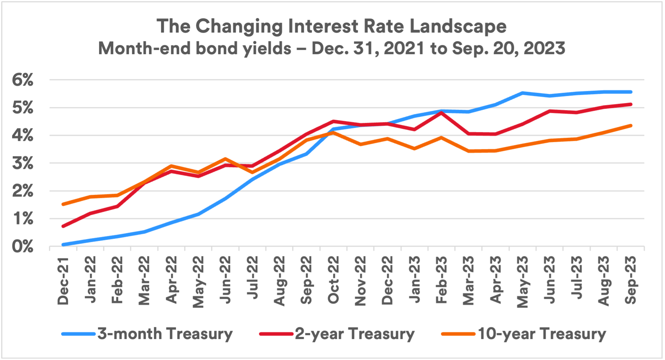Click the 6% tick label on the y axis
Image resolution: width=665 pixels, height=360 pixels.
click(x=23, y=80)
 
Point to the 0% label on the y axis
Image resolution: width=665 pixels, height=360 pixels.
click(x=23, y=247)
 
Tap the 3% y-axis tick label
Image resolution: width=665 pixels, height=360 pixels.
click(x=23, y=164)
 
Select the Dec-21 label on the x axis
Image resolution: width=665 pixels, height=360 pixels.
click(x=63, y=281)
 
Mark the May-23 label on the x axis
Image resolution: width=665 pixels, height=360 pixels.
click(x=522, y=282)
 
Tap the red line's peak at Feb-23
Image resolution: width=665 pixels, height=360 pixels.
click(x=441, y=112)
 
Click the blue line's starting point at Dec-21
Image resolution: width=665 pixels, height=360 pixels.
click(x=63, y=245)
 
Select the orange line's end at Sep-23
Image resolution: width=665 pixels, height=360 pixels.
click(x=631, y=126)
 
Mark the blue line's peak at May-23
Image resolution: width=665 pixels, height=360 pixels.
click(x=522, y=93)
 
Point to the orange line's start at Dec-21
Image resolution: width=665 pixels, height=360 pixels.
click(x=63, y=204)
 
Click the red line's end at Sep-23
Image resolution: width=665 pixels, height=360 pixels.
click(x=631, y=104)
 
